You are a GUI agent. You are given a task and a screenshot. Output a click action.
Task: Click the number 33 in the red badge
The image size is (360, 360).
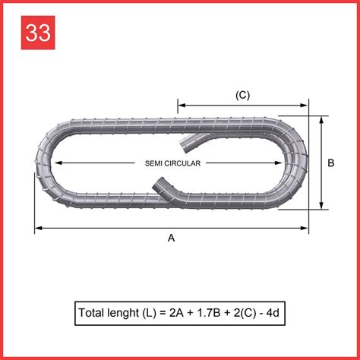click(36, 33)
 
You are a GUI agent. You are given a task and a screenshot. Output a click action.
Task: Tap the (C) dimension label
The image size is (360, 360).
click(242, 95)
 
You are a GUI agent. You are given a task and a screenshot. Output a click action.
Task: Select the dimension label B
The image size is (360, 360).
click(330, 163)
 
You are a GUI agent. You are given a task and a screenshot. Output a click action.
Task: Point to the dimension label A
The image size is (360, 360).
click(171, 238)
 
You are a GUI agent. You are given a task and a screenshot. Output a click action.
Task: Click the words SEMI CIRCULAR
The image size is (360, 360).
click(172, 163)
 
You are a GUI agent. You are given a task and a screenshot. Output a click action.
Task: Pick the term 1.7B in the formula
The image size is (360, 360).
click(212, 312)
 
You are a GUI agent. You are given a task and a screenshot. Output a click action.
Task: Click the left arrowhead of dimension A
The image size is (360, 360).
click(36, 227)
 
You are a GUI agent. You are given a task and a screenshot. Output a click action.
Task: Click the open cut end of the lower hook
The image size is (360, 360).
click(158, 182)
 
